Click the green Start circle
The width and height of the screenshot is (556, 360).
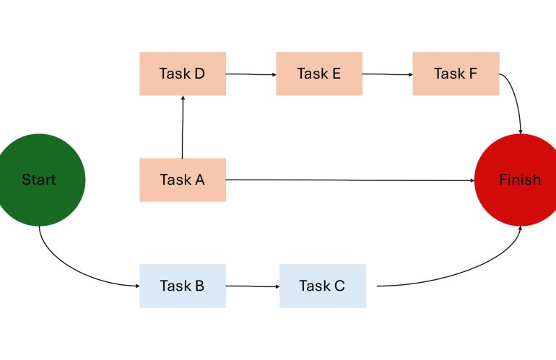click(x=40, y=180)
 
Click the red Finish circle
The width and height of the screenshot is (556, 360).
click(x=519, y=180)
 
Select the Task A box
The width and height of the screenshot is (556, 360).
click(x=183, y=180)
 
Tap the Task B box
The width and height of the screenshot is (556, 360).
click(x=183, y=286)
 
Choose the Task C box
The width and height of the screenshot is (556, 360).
click(x=322, y=286)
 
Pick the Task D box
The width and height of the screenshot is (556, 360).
click(x=183, y=74)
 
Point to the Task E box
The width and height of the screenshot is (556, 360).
click(x=319, y=74)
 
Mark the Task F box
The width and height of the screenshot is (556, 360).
click(x=456, y=74)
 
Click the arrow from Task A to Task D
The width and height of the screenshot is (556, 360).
click(x=183, y=127)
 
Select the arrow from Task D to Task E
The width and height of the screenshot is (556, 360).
click(x=251, y=74)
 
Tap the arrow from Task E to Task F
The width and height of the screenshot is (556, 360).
click(x=387, y=74)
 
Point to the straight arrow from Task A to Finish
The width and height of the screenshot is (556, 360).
click(x=350, y=180)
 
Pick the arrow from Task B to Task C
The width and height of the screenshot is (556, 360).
click(x=253, y=286)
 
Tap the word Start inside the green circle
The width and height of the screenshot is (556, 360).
click(x=39, y=180)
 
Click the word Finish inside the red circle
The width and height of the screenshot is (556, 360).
click(x=519, y=180)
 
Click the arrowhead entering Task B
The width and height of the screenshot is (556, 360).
click(x=136, y=286)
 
